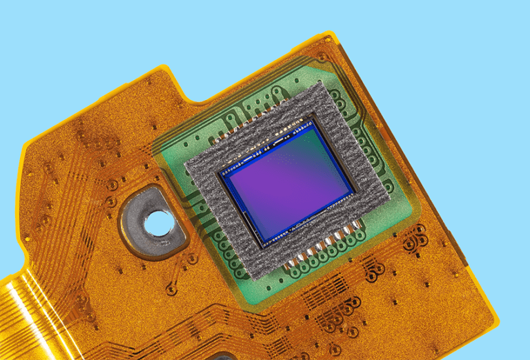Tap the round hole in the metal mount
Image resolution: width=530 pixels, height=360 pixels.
158,221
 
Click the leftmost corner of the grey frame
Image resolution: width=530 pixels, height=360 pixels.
186,164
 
